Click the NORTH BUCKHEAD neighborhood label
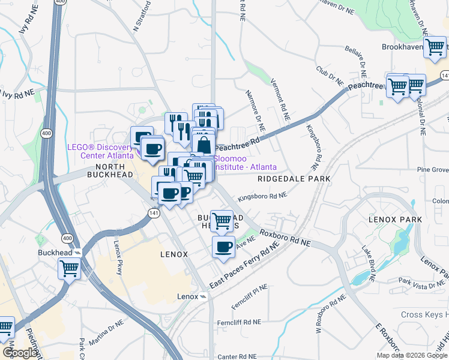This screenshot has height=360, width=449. [110, 170]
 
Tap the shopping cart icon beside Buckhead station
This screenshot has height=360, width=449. [70, 268]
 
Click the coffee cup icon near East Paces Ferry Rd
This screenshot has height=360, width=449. [224, 247]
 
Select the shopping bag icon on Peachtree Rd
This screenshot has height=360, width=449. [203, 145]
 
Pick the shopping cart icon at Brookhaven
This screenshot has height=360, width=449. [435, 48]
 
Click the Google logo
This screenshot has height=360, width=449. [19, 353]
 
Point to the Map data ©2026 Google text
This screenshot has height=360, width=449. [412, 355]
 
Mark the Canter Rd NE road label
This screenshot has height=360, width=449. [237, 356]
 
